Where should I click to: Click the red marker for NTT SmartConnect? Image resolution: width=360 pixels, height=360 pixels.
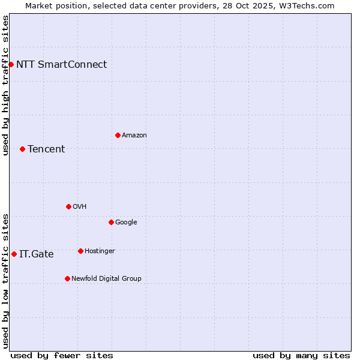coord(11,64)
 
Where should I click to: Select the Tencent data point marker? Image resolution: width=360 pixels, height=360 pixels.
coord(22,149)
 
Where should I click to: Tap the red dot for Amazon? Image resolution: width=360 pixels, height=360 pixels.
coord(118,135)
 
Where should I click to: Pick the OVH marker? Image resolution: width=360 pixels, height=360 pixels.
coord(68,206)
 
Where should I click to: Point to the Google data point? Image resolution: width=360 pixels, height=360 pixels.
coord(111,222)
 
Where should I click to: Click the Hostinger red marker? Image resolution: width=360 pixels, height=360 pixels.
coord(80,251)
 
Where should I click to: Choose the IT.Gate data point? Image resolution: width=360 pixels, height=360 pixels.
coord(14,254)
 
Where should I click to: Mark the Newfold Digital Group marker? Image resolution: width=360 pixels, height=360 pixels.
coord(67,278)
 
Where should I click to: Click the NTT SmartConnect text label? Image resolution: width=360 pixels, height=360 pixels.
coord(61,64)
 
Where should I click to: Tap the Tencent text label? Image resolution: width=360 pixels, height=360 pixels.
coord(46,149)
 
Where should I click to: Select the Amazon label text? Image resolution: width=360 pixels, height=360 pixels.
coord(134,136)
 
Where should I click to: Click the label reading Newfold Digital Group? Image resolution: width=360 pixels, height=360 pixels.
coord(106,278)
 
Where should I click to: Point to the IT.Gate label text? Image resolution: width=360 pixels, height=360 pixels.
coord(37,254)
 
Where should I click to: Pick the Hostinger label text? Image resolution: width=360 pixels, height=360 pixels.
coord(100,251)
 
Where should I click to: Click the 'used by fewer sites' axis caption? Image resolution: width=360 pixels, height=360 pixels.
coord(62,355)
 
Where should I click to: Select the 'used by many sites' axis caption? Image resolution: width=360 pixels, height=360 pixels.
coord(301,355)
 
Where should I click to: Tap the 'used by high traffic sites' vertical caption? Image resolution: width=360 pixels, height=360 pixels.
coord(5,85)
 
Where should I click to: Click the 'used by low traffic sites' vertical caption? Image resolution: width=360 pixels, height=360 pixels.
coord(5,281)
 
